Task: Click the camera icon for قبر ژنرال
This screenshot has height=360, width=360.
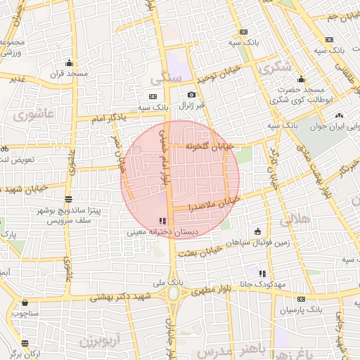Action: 191,95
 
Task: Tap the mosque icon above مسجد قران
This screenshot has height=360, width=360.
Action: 68,63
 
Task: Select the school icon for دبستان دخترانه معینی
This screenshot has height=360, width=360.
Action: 164,221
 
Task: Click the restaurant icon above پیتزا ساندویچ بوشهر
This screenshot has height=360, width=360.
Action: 67,200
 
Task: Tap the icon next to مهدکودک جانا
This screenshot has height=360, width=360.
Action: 262,274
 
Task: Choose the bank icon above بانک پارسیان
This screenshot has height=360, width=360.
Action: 302,299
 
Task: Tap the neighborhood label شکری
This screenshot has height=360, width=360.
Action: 274,67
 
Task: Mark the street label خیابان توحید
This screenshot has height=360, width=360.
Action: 219,72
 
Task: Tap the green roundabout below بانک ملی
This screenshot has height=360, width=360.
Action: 173,293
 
